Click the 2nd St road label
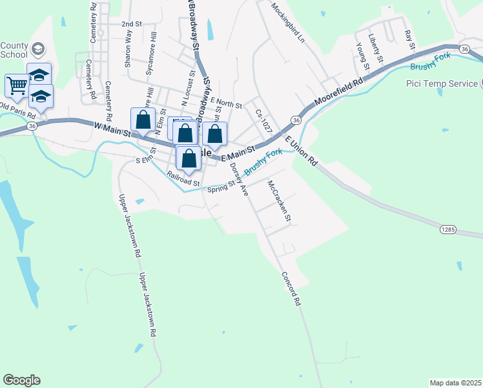[x=131, y=23]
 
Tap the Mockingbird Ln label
[x=287, y=23]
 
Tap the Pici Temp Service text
[x=442, y=83]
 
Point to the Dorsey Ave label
[x=239, y=179]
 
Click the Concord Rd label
[x=290, y=288]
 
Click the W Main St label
[x=112, y=129]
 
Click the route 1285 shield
[x=449, y=229]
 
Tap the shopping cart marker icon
[x=17, y=85]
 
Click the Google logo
[x=21, y=380]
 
